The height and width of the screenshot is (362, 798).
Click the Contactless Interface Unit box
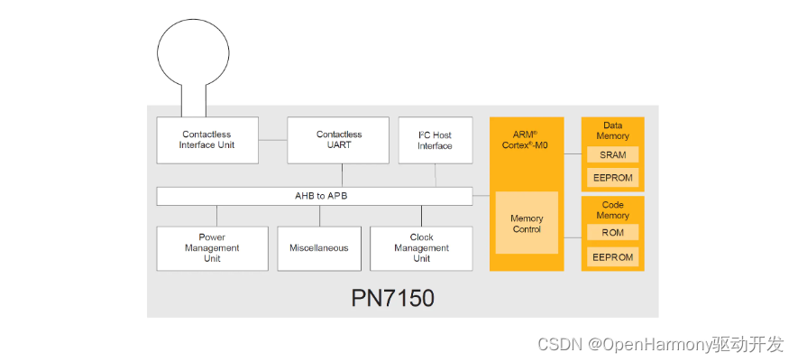[x=207, y=140]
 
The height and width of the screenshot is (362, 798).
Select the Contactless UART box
[x=339, y=140]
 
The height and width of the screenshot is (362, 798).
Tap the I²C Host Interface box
[x=435, y=140]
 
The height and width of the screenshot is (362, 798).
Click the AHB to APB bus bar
[x=314, y=196]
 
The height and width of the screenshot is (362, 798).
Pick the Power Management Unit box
[x=212, y=248]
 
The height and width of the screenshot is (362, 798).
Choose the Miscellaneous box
[x=319, y=248]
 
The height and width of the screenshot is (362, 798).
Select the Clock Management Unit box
[x=421, y=248]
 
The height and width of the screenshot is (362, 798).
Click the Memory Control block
[x=527, y=223]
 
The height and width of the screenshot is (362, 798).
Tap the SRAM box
[x=612, y=155]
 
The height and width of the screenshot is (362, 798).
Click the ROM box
[x=612, y=233]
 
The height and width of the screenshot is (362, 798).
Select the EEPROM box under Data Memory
[x=612, y=178]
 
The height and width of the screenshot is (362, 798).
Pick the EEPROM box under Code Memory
[x=612, y=256]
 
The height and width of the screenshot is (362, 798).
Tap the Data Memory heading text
[x=612, y=131]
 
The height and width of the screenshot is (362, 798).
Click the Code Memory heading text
[x=612, y=210]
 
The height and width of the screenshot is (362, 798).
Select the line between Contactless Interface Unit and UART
[x=272, y=140]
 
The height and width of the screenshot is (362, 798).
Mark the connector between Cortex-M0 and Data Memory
[x=573, y=153]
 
